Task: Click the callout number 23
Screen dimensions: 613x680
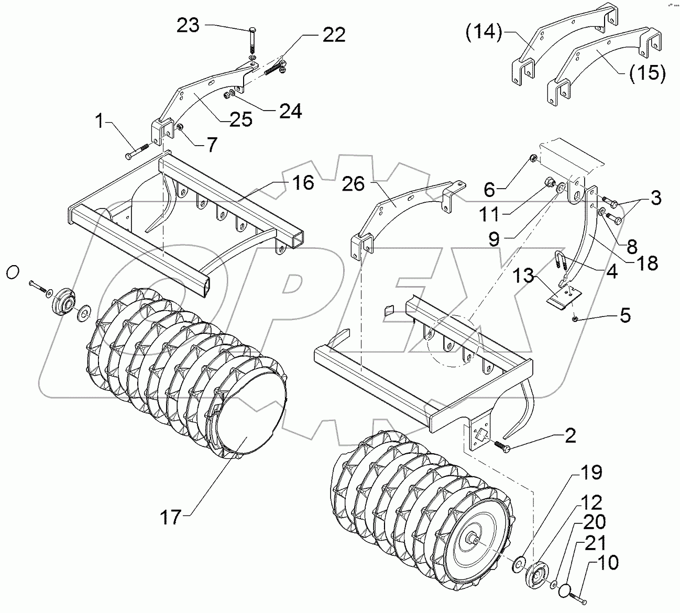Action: [188, 25]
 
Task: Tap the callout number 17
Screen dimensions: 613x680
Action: [171, 517]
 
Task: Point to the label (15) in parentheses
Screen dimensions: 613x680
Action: [648, 73]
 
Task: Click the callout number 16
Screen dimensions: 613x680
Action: [303, 183]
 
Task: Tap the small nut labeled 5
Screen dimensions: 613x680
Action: [575, 318]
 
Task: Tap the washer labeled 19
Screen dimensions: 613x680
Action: [518, 563]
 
